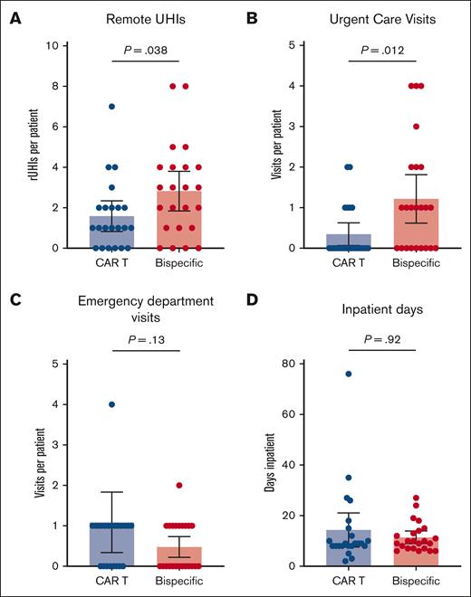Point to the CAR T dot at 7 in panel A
click(111, 106)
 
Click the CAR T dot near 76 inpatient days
click(347, 374)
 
